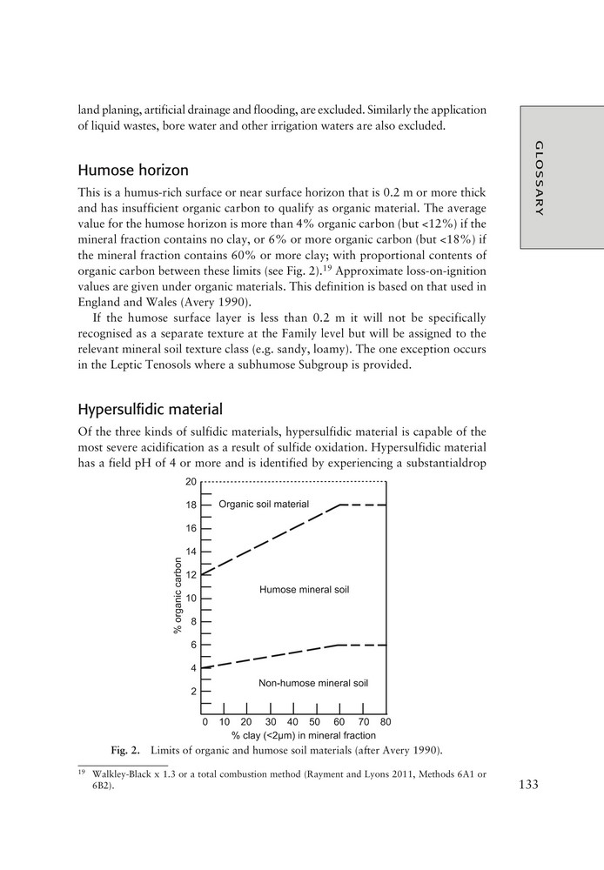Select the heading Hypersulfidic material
(x=151, y=409)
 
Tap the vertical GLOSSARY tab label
(x=540, y=177)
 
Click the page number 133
(x=528, y=784)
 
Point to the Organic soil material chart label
(x=264, y=505)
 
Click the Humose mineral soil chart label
(x=304, y=590)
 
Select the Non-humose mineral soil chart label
(x=313, y=683)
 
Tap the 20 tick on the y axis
(x=191, y=482)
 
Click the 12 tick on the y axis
(x=191, y=575)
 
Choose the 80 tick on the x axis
(x=386, y=721)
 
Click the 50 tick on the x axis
(x=315, y=721)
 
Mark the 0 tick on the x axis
(x=205, y=721)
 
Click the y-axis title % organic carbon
(x=178, y=595)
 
